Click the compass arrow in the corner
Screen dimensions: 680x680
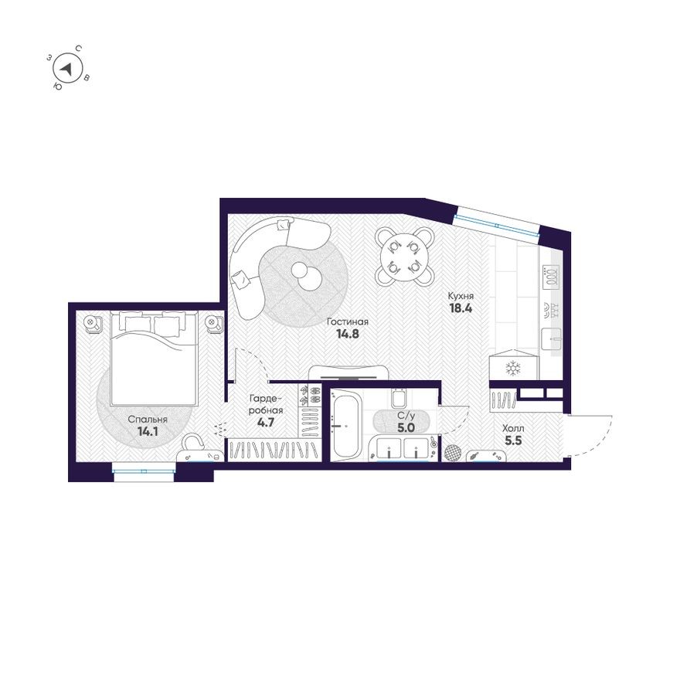(68, 69)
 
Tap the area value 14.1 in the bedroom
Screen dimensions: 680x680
(148, 432)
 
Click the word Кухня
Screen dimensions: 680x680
(461, 295)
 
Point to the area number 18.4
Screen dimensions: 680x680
(461, 308)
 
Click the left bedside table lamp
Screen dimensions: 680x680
(91, 321)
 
